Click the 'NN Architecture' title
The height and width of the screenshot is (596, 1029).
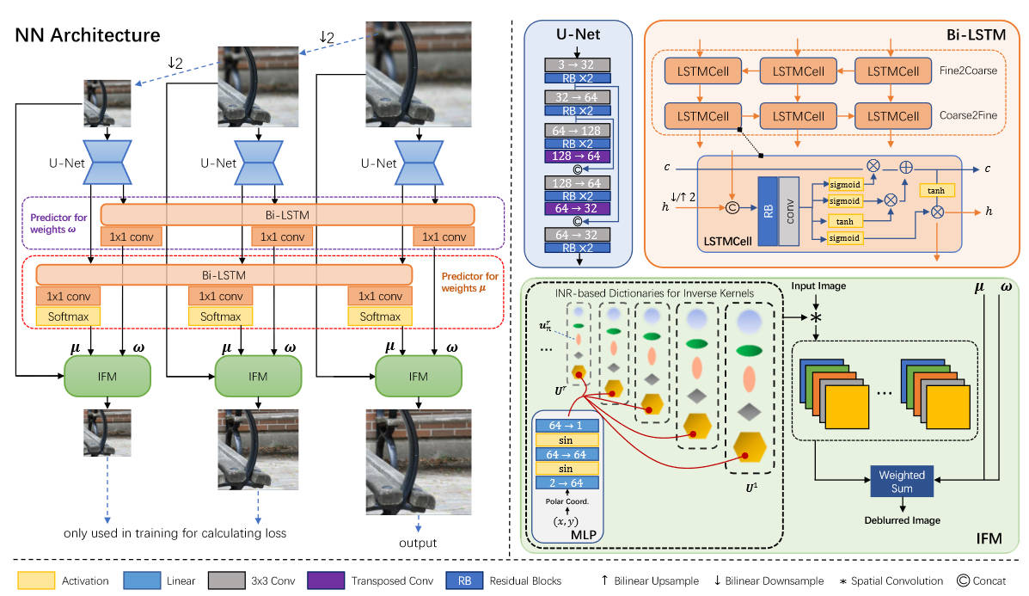[88, 36]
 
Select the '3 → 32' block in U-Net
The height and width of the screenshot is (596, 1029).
[578, 65]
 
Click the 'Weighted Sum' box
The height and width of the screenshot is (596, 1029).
[902, 481]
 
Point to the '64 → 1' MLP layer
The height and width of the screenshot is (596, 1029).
[567, 426]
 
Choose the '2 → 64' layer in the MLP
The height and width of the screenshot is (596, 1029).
[567, 483]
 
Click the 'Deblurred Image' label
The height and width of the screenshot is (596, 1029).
[902, 520]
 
